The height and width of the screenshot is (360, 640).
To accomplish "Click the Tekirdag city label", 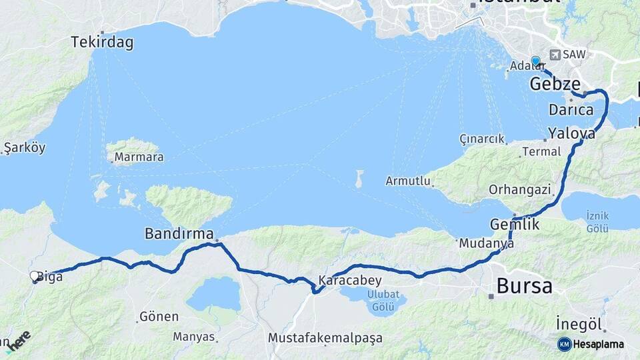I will tap(102, 43).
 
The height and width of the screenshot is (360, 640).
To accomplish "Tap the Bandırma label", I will tap(179, 234).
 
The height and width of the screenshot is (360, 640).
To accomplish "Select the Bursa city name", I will tap(524, 287).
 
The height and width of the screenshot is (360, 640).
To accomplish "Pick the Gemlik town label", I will tap(515, 224).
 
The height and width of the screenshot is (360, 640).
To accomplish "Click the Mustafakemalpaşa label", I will tap(325, 338).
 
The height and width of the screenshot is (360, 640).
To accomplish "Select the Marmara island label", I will tap(139, 158).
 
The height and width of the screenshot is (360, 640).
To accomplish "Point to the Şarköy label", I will tap(25, 147).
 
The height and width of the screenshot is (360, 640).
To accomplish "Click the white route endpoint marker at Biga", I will tap(35, 276).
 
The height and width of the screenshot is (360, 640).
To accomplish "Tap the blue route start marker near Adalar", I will tap(535, 61).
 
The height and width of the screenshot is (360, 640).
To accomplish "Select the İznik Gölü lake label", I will tap(597, 223).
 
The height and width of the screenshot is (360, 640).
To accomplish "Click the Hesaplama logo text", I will tap(598, 344).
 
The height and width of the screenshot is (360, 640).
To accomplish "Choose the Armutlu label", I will tap(405, 181).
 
